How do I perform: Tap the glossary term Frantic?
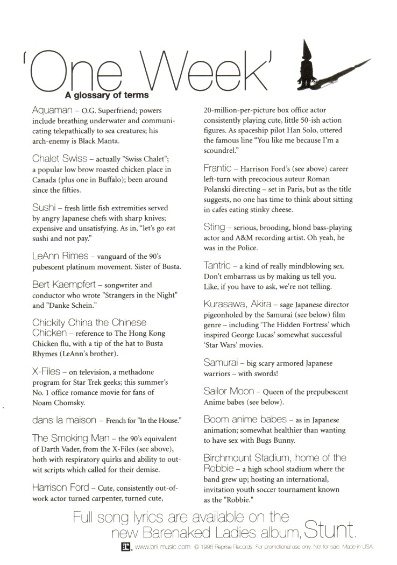218,168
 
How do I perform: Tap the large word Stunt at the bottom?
329,531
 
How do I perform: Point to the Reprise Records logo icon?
127,547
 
